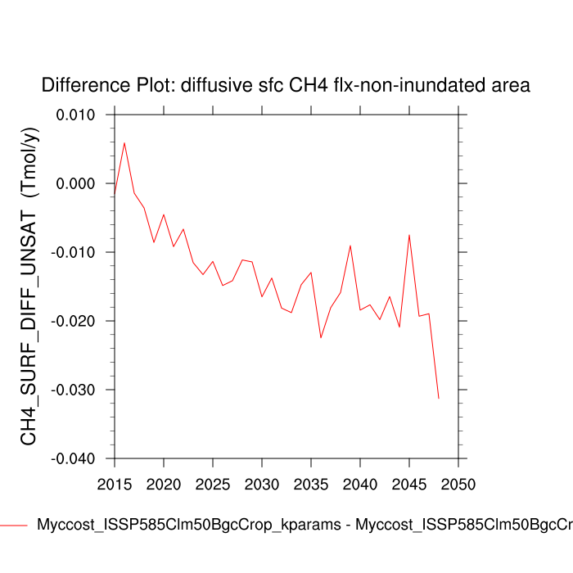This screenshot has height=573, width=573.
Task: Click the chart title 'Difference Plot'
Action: [x=286, y=85]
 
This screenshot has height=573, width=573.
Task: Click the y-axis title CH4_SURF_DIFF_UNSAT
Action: [x=29, y=286]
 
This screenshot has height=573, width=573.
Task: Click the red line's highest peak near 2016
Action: [x=124, y=143]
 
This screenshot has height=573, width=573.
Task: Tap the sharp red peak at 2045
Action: [x=409, y=235]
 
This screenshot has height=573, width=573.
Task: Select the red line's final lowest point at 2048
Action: [x=439, y=398]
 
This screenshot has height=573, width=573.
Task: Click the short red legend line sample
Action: [x=14, y=526]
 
